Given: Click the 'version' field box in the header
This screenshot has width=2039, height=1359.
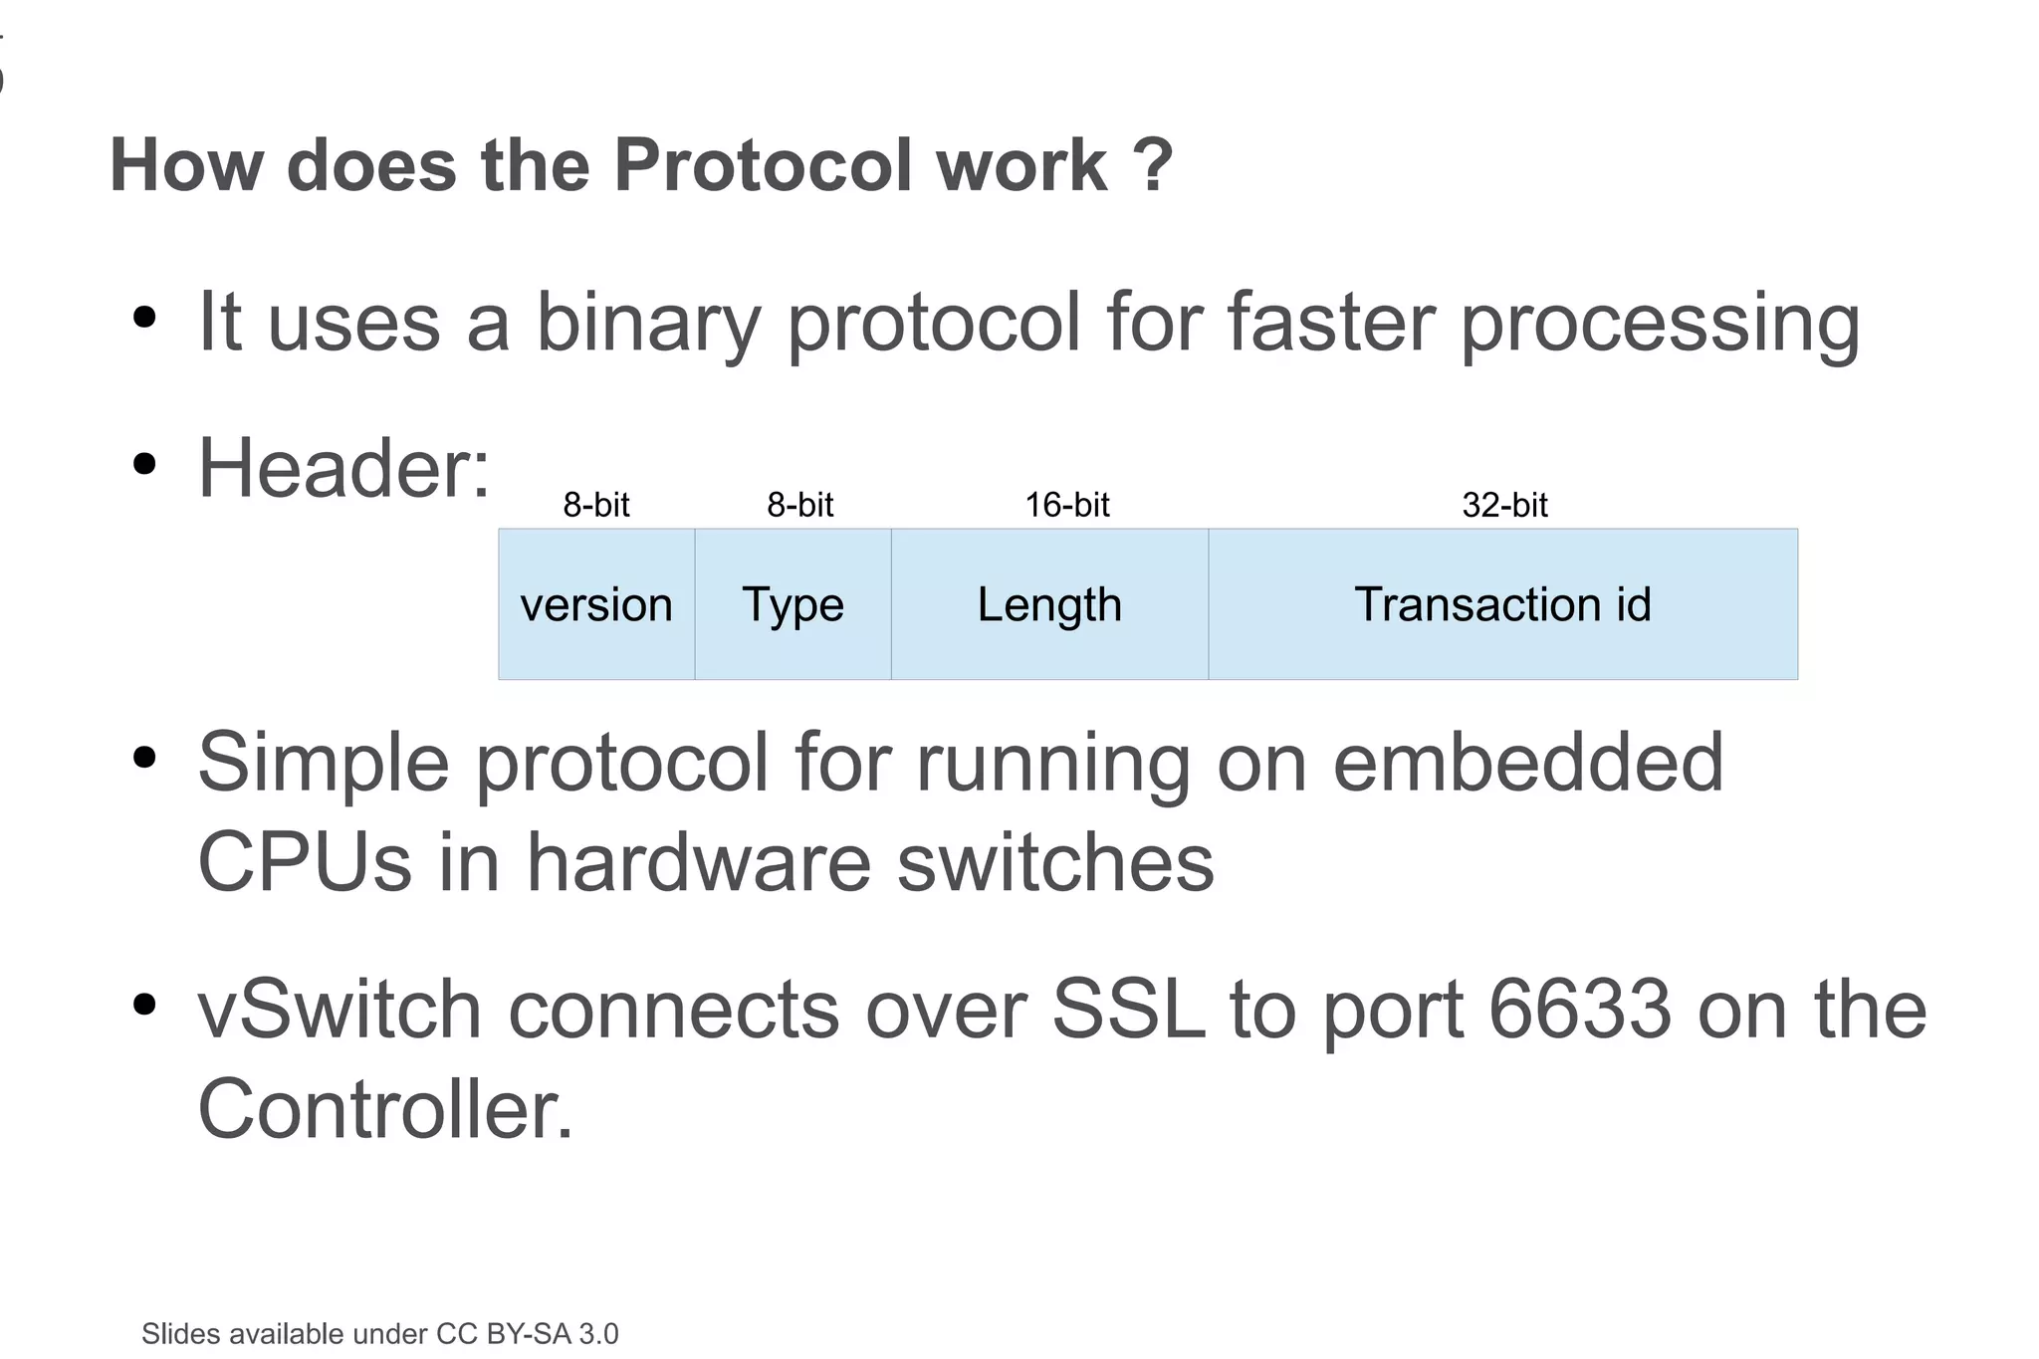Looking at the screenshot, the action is [x=596, y=604].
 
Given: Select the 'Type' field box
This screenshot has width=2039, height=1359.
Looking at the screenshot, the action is [x=793, y=604].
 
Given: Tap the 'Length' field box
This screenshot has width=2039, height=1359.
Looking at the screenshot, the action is [x=1049, y=604].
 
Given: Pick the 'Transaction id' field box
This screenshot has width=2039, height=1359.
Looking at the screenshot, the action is [x=1502, y=604].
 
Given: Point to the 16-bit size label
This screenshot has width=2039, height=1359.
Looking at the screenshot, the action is [x=1067, y=505].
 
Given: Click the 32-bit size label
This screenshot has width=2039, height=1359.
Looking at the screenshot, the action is [x=1504, y=505].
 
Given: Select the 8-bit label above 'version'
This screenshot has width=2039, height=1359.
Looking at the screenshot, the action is [x=596, y=505].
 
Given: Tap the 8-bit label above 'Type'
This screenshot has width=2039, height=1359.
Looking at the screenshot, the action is [x=799, y=505].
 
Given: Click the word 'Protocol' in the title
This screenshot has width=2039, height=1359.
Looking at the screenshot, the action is [x=763, y=164].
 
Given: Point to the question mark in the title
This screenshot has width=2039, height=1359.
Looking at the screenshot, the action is [x=1153, y=164].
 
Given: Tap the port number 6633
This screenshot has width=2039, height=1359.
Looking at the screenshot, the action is [x=1580, y=1010].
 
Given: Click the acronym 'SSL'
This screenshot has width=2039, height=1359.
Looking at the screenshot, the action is [x=1128, y=1010].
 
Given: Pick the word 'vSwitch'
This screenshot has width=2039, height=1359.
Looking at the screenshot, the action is [x=340, y=1010].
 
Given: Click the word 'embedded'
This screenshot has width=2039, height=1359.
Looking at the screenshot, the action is [x=1527, y=762].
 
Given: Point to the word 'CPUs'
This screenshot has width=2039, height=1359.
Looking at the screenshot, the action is [x=304, y=861].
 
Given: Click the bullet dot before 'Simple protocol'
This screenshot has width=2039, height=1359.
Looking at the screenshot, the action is [x=145, y=758].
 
